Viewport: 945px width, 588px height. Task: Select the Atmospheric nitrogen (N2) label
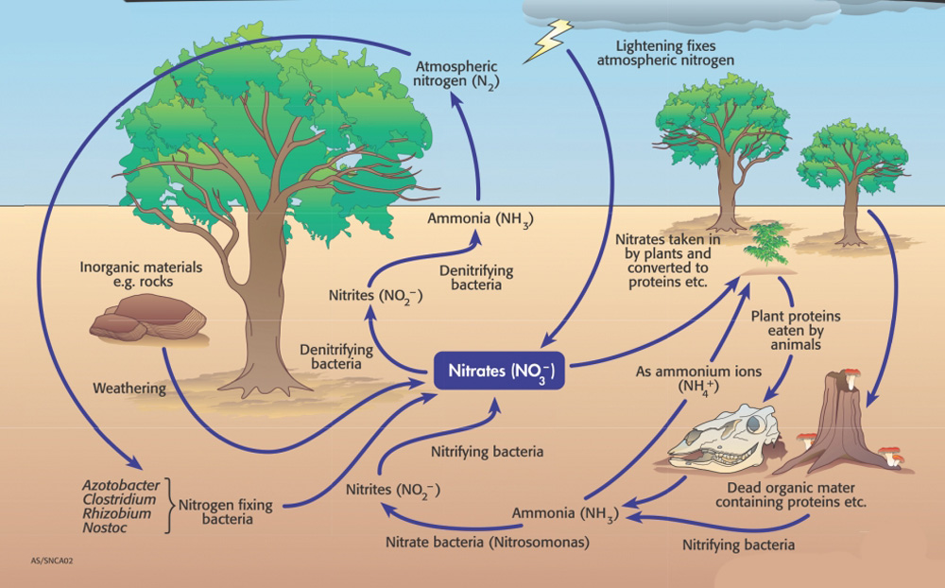(457, 73)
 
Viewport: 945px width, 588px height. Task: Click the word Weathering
(129, 388)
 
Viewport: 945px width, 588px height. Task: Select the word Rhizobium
(118, 513)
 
